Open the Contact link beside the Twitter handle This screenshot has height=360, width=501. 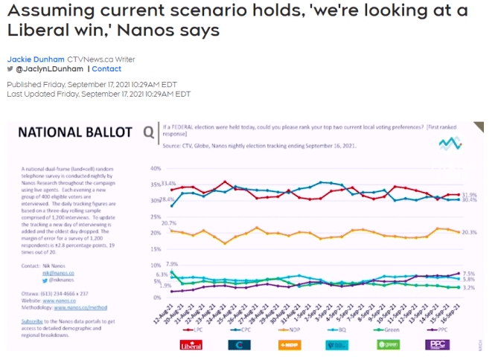tap(106, 69)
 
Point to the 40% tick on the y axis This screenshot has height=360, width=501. tap(156, 168)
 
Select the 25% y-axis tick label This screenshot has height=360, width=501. tap(156, 216)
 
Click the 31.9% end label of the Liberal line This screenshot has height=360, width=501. tap(469, 194)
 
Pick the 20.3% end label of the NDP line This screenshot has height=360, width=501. tap(470, 232)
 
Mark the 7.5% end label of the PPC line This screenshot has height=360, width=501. tap(469, 273)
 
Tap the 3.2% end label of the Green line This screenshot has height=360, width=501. tap(469, 287)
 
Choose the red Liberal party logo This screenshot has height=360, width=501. tap(192, 344)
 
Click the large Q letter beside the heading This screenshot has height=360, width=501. tap(148, 133)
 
